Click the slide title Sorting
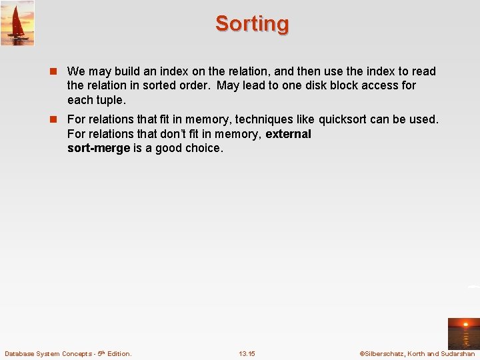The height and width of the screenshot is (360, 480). pyautogui.click(x=252, y=24)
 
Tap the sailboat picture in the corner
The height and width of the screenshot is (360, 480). pyautogui.click(x=17, y=23)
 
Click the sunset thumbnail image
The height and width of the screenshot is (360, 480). pyautogui.click(x=463, y=333)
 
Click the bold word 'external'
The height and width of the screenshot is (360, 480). pyautogui.click(x=288, y=134)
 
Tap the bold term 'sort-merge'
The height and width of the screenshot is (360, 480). pyautogui.click(x=99, y=148)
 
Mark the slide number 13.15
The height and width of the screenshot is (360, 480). pyautogui.click(x=247, y=353)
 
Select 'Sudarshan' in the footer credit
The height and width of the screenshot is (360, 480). pyautogui.click(x=458, y=353)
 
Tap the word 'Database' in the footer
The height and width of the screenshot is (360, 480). pyautogui.click(x=22, y=353)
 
